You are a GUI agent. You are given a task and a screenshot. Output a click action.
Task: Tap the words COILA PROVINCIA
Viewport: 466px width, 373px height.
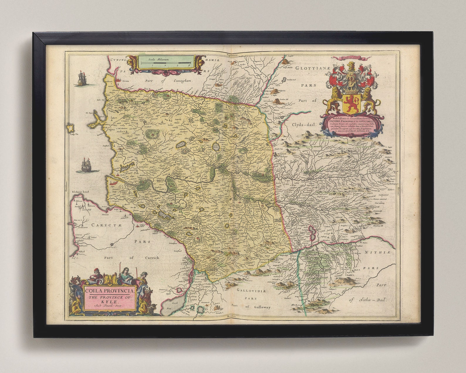coord(110,291)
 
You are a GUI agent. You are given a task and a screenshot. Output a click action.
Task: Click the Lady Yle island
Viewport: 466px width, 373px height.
coord(71,129)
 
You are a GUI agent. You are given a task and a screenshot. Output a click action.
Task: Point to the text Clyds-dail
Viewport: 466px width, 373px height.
coord(303,124)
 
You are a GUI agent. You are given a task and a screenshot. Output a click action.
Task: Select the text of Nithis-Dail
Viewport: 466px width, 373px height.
coord(368,300)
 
